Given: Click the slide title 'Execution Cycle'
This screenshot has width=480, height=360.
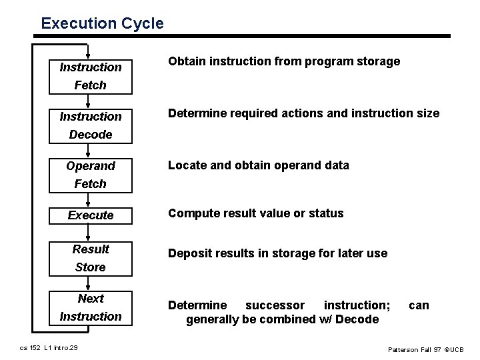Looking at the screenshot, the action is coord(102,23).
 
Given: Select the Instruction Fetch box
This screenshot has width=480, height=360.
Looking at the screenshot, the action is coord(91,76).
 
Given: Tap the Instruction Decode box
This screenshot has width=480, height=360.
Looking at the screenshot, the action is coord(91,125).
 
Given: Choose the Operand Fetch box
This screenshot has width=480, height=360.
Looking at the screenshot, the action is coord(91,174).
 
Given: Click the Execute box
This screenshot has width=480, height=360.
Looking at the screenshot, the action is coord(91,215).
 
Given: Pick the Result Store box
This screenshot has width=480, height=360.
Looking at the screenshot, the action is coord(91,258).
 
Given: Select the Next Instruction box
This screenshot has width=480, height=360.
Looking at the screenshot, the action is coord(91,307).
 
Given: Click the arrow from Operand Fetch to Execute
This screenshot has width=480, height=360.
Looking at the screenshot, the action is coord(90,199).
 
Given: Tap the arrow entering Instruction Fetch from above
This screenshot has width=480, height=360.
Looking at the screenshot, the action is coord(90,51).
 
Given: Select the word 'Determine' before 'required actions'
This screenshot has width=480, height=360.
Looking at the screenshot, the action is coord(197,113).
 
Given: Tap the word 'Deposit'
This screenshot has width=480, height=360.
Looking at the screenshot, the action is coord(189,253).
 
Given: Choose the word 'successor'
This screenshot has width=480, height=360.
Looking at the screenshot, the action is coord(275,305).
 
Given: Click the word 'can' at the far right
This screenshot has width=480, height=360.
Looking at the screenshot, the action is coord(419,305).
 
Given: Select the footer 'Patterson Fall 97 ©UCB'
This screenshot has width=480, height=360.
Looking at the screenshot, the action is coord(425,349).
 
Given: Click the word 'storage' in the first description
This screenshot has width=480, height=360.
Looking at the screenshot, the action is coord(377,61).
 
